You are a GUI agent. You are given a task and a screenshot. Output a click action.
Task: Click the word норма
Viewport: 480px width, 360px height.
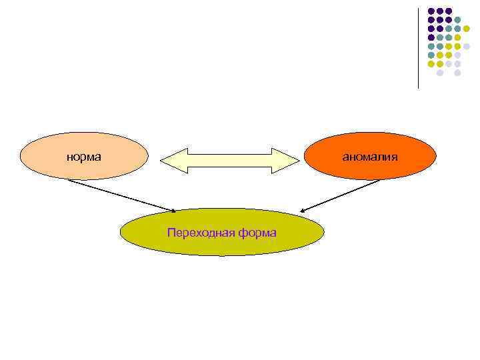tap(83, 157)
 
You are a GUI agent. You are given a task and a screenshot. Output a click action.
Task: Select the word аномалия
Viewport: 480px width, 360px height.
tap(370, 157)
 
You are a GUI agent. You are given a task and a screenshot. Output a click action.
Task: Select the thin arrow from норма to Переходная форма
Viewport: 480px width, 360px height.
tap(120, 195)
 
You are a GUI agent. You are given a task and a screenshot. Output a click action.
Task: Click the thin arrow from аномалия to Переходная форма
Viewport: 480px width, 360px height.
tap(340, 195)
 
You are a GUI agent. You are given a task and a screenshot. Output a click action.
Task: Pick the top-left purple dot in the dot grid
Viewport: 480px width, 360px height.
tap(431, 11)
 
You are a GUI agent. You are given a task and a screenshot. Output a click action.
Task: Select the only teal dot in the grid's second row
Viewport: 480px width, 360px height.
tap(458, 20)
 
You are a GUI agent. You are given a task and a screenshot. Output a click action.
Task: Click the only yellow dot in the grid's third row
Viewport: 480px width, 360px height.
tap(467, 29)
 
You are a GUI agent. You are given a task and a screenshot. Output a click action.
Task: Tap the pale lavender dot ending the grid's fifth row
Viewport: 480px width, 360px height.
tap(467, 46)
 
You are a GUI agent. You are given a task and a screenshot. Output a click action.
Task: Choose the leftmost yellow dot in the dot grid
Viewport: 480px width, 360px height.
tap(431, 63)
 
